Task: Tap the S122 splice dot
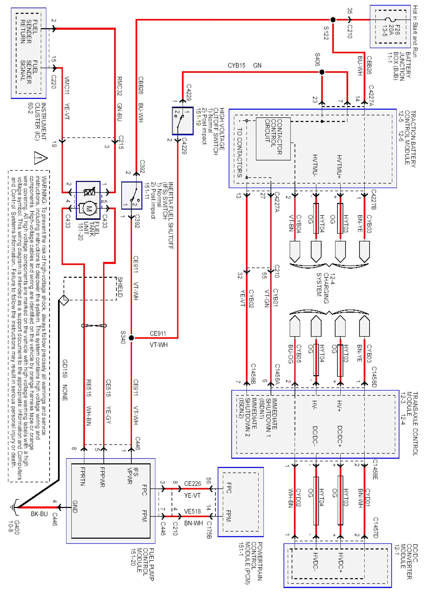(x=333, y=20)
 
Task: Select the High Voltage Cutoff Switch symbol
(x=183, y=121)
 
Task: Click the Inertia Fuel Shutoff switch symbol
(x=132, y=195)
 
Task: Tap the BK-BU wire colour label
(x=39, y=514)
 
